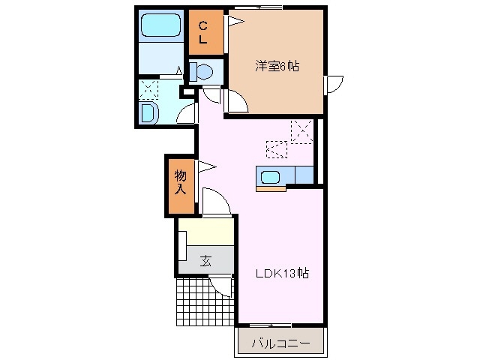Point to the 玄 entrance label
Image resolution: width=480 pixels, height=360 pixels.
(205, 261)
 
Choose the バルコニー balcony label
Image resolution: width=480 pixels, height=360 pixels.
(280, 343)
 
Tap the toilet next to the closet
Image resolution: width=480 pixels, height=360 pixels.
(202, 72)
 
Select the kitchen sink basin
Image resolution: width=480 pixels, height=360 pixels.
(270, 177)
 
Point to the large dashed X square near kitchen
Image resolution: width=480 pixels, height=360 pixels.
(302, 130)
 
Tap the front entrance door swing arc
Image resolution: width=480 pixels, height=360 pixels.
(223, 286)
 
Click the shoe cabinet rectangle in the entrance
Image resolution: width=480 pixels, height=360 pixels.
(181, 246)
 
